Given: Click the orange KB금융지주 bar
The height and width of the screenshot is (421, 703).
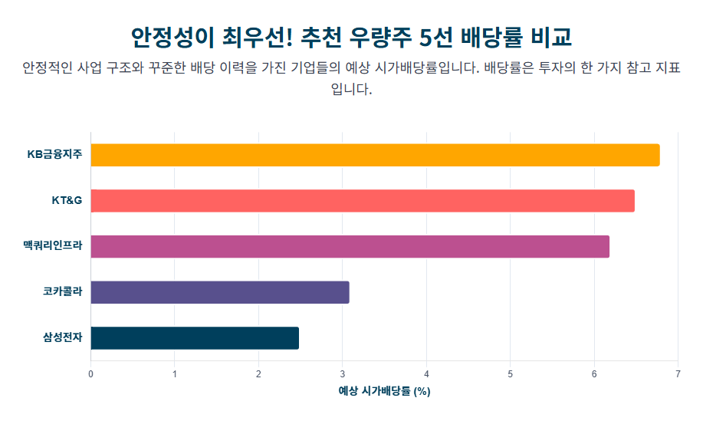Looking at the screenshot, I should point(375,155).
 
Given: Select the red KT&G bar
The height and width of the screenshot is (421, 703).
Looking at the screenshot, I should point(363,201).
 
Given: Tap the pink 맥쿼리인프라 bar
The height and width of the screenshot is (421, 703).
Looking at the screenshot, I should point(350,246).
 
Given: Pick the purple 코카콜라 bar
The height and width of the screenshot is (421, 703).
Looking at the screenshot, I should point(220,292).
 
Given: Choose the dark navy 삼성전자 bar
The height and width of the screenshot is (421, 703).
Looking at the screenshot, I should point(195,338).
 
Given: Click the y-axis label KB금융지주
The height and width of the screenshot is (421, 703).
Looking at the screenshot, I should point(54,155).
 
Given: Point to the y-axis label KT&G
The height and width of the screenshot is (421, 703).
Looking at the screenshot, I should point(67,201).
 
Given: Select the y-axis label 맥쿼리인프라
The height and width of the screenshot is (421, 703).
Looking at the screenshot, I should point(52,247).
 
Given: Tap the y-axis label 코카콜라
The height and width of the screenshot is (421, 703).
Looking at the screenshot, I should point(62,292).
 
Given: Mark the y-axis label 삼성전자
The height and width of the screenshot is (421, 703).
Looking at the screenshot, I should point(62,338).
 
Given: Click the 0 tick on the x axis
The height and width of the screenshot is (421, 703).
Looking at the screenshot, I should point(90,374).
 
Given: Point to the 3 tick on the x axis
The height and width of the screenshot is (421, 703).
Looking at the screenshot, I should point(343,374).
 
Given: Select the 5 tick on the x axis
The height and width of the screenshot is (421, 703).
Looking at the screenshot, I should point(511,374).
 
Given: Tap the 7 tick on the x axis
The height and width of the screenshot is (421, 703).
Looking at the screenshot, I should point(678,374).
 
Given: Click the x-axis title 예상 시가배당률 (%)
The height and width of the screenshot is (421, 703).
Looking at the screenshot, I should point(384,391).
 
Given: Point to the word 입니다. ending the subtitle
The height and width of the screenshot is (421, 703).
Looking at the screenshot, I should point(351,89).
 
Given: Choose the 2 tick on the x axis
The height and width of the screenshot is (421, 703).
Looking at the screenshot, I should point(258,374).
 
